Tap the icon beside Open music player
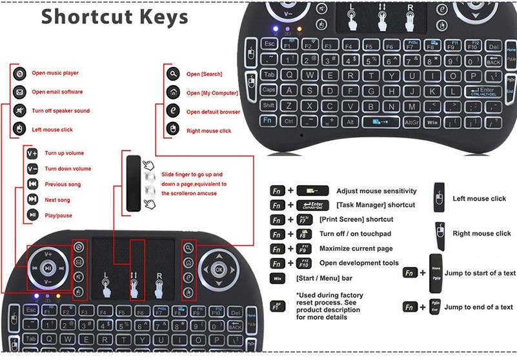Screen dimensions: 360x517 point(19,74)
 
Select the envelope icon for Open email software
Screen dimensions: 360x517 point(19,92)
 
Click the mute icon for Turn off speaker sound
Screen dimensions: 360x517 point(19,111)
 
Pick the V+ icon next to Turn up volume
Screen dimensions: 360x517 point(32,154)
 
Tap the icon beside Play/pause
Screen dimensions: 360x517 point(32,215)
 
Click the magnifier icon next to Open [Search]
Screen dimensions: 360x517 point(173,74)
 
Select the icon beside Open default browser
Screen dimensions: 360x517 point(173,111)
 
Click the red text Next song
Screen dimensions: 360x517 point(57,200)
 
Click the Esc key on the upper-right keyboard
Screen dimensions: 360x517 point(270,44)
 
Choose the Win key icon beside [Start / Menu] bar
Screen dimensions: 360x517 point(276,278)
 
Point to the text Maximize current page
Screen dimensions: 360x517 point(364,248)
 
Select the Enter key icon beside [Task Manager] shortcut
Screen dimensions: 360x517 point(312,205)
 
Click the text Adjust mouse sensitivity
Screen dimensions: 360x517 point(376,191)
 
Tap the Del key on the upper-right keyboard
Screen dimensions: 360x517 point(492,46)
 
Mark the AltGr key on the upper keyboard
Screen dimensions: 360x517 point(412,121)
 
